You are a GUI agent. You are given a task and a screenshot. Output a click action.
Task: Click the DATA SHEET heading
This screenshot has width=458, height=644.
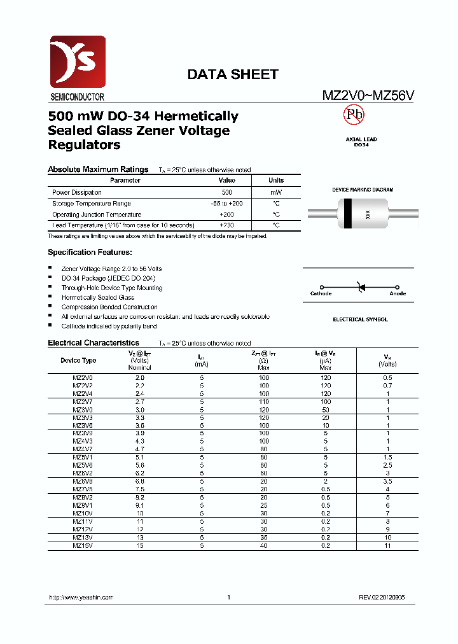click(x=232, y=74)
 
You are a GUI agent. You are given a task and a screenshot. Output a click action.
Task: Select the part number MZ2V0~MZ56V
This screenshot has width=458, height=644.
click(x=368, y=96)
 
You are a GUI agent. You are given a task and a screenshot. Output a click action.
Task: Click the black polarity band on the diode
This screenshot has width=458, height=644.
click(x=347, y=214)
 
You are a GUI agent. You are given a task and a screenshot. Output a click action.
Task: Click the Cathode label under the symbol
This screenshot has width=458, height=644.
click(x=321, y=294)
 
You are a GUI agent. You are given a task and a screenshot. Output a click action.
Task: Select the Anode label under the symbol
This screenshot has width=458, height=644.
click(x=398, y=294)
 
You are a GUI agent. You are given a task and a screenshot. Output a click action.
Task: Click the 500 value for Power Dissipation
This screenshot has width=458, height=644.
click(x=226, y=192)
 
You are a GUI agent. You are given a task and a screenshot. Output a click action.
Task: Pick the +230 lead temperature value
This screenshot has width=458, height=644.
click(x=226, y=225)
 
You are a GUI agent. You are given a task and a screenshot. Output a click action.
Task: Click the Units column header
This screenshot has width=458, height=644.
click(x=276, y=181)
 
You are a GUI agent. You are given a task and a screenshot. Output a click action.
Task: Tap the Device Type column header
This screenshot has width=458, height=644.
click(x=78, y=360)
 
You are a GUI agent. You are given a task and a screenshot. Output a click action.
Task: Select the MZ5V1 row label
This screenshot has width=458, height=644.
click(x=82, y=457)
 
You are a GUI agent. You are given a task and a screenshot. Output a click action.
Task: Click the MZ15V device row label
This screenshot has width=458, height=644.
click(x=82, y=545)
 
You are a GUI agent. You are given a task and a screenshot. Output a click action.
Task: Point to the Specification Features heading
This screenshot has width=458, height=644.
click(x=90, y=253)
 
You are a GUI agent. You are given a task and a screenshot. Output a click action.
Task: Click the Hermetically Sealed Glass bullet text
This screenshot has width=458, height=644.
click(x=97, y=297)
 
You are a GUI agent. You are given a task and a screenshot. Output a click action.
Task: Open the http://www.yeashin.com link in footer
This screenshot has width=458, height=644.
click(x=81, y=598)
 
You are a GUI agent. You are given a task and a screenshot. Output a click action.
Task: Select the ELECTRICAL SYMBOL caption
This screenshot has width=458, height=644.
click(x=360, y=319)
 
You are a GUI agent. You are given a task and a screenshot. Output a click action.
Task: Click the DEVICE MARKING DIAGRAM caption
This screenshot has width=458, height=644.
click(x=363, y=190)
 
